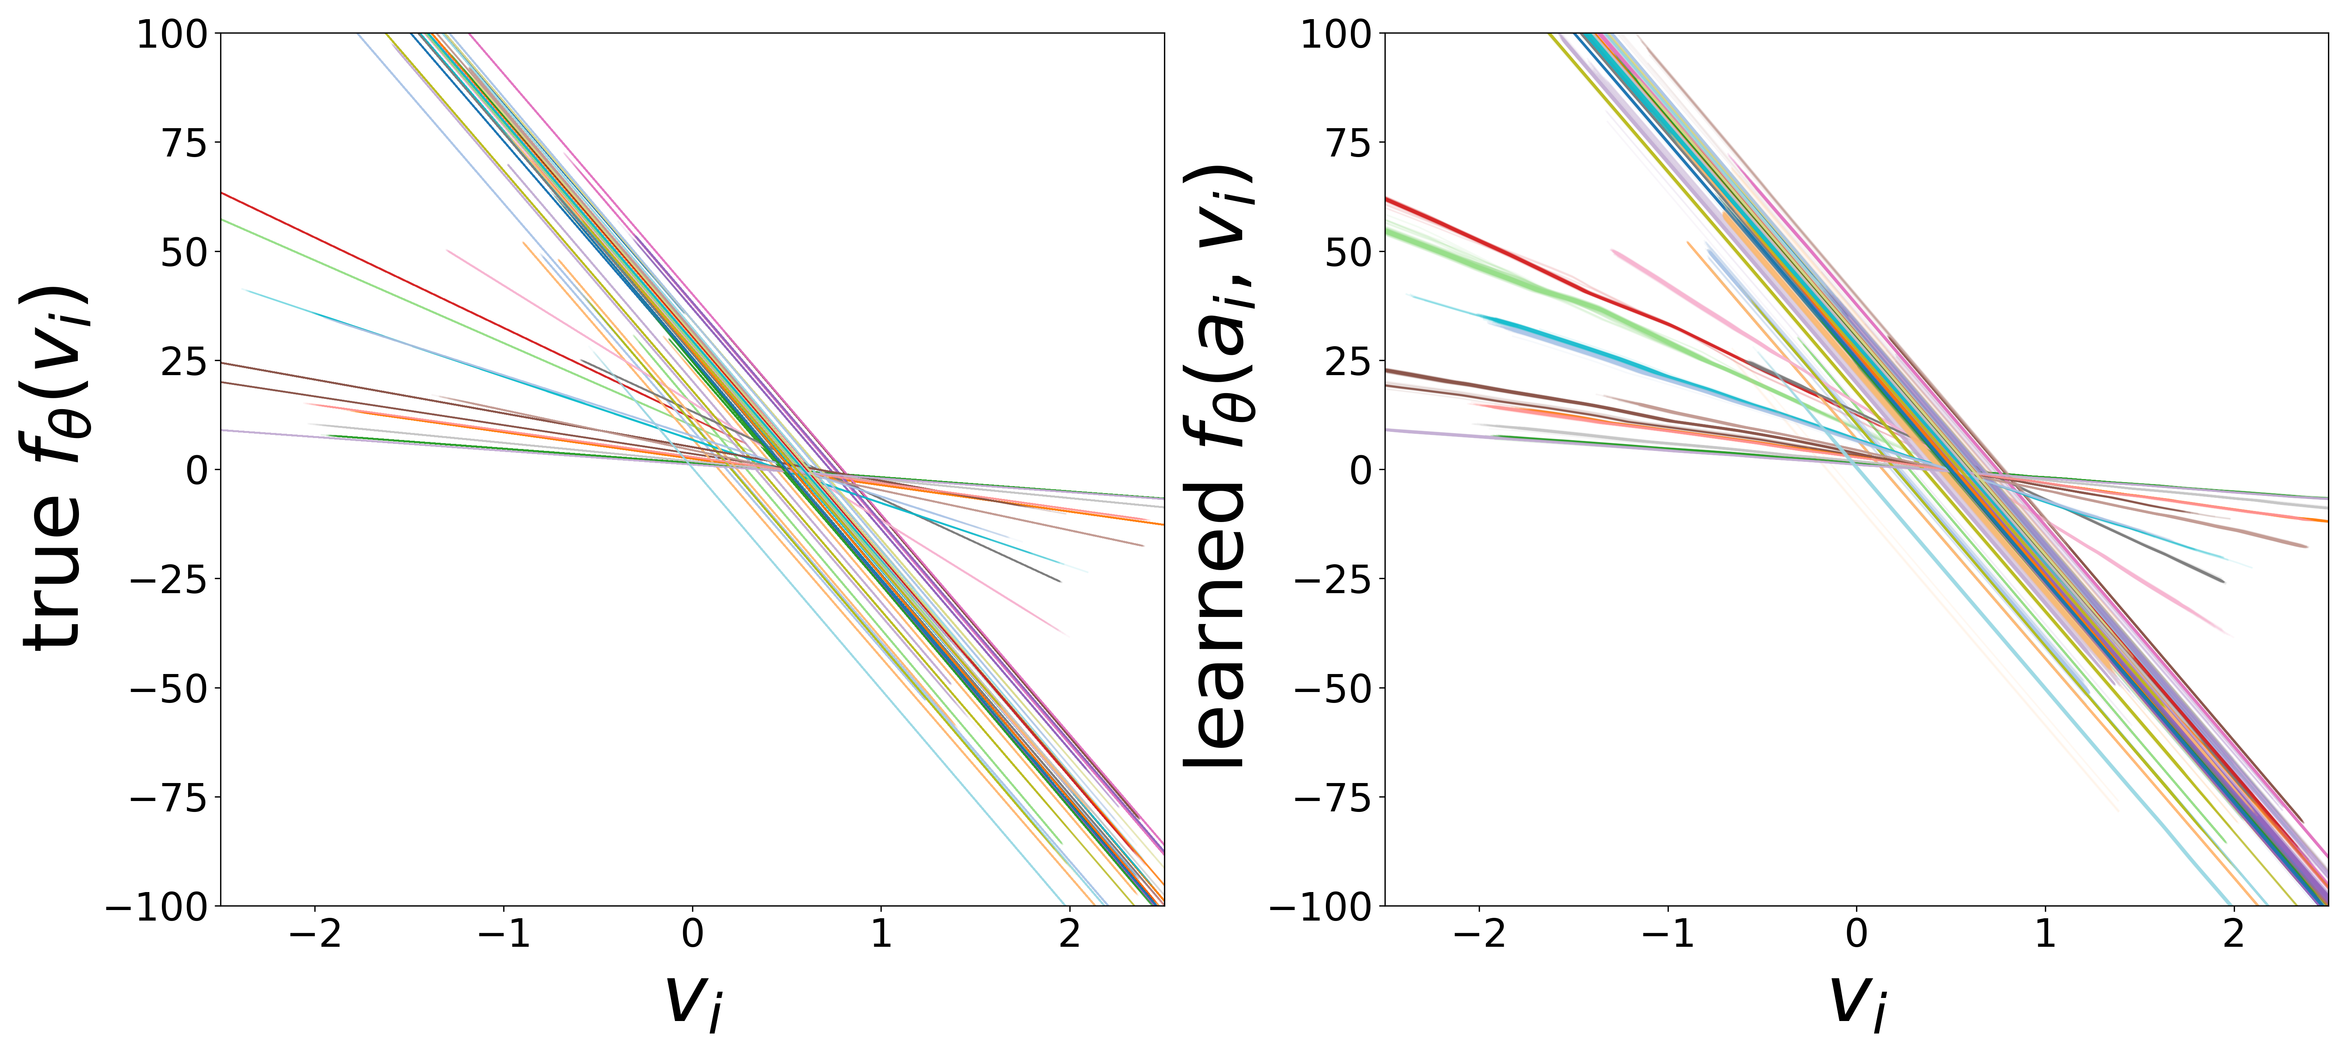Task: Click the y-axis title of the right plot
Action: click(1218, 469)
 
